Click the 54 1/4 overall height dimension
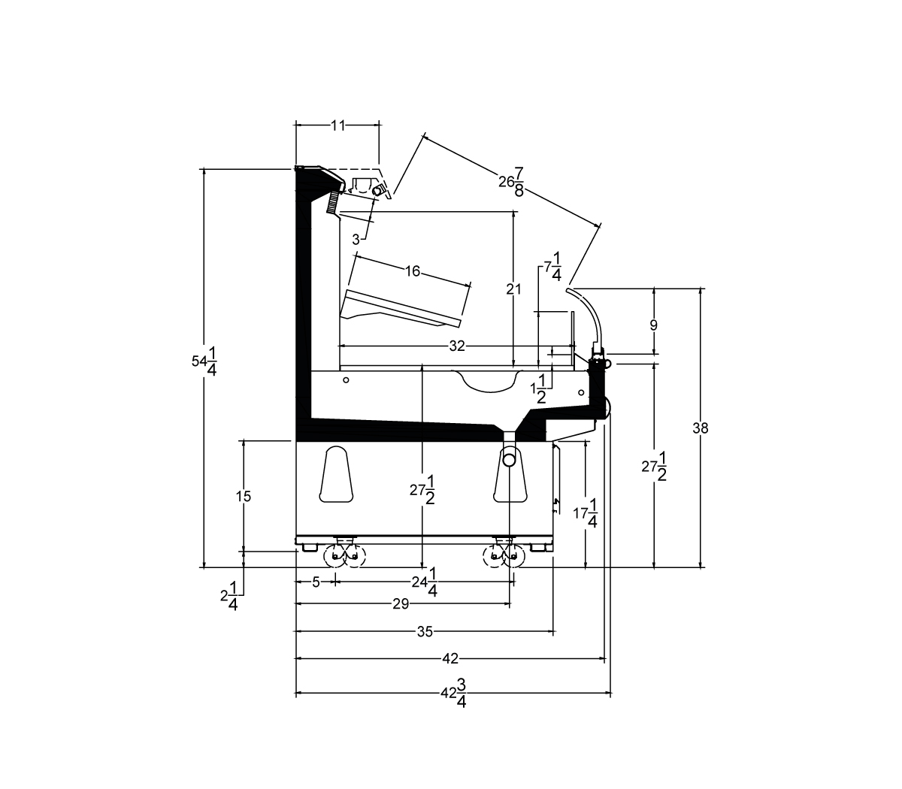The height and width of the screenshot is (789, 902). pyautogui.click(x=204, y=361)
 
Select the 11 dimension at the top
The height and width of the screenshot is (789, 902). pyautogui.click(x=337, y=125)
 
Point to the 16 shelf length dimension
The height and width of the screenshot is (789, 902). pyautogui.click(x=413, y=271)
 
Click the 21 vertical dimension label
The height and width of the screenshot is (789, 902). pyautogui.click(x=513, y=289)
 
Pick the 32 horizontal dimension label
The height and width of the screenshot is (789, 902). pyautogui.click(x=457, y=346)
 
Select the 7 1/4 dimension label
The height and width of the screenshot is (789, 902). pyautogui.click(x=552, y=266)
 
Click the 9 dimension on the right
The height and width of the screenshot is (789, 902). pyautogui.click(x=653, y=325)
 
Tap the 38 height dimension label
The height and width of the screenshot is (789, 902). pyautogui.click(x=700, y=428)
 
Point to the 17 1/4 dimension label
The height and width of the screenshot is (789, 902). pyautogui.click(x=585, y=512)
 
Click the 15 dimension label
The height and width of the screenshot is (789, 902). pyautogui.click(x=243, y=497)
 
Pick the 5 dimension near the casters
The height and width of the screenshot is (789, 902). pyautogui.click(x=316, y=582)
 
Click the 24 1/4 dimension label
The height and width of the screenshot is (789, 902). pyautogui.click(x=425, y=582)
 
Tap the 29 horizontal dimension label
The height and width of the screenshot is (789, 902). pyautogui.click(x=401, y=604)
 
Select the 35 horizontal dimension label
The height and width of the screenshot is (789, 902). pyautogui.click(x=425, y=632)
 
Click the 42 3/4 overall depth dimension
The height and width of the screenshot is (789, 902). pyautogui.click(x=454, y=694)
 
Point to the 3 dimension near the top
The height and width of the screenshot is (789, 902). pyautogui.click(x=356, y=240)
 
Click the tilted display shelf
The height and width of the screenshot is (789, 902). pyautogui.click(x=401, y=309)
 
